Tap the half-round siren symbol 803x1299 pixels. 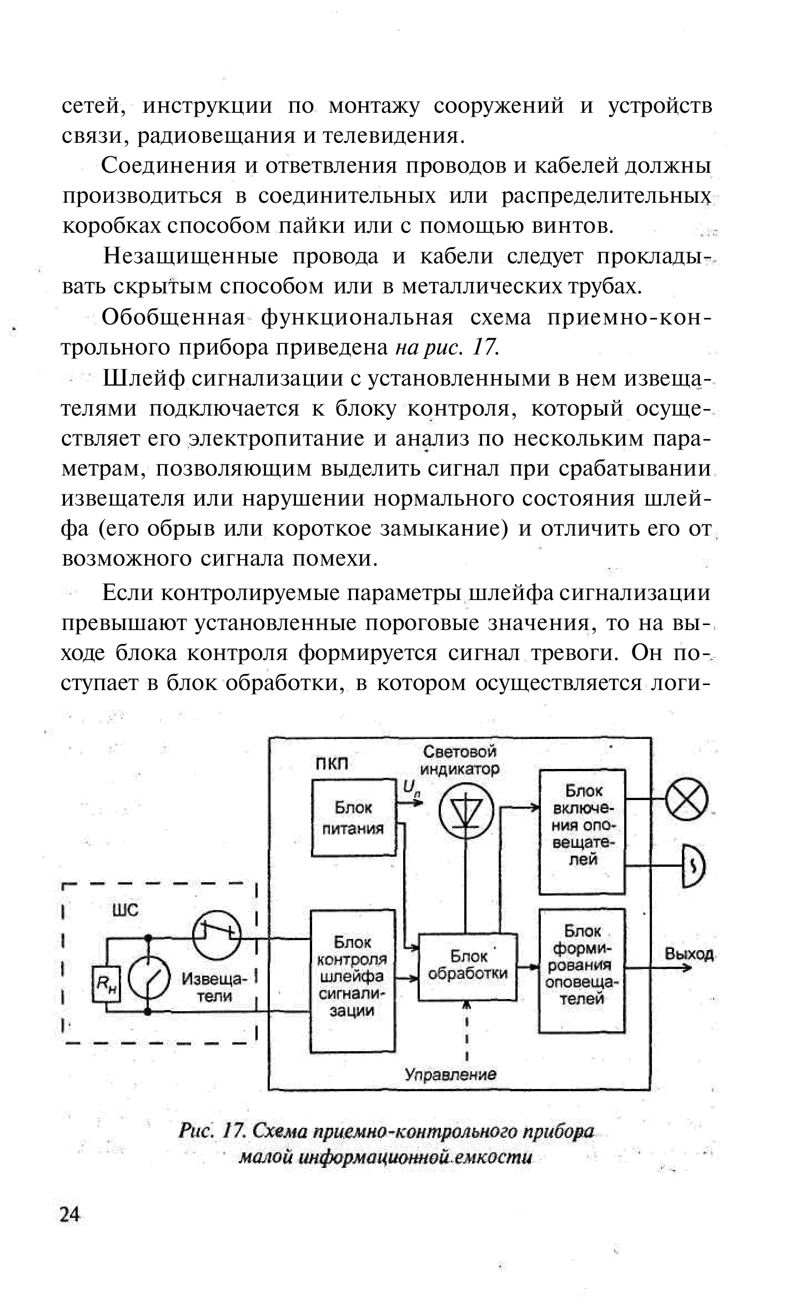tap(691, 866)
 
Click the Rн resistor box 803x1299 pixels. tap(106, 985)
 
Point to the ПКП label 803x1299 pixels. tap(332, 764)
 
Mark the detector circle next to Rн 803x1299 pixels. tap(149, 982)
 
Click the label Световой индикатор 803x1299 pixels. tap(459, 760)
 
